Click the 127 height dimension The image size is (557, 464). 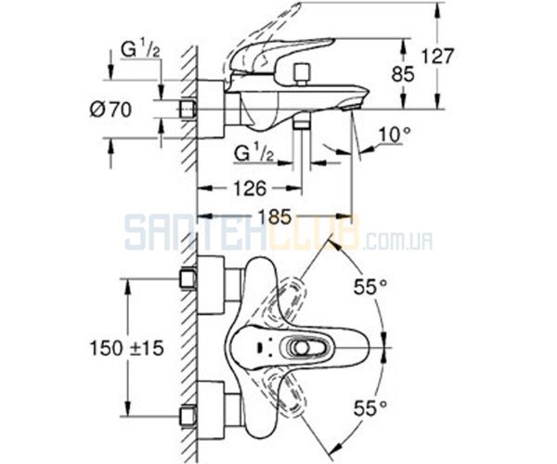tap(437, 57)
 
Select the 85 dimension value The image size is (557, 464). tap(403, 74)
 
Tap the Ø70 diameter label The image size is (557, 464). tap(110, 110)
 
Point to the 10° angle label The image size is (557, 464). tap(395, 135)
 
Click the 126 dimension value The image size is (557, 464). tap(250, 188)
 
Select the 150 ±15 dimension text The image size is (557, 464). tap(127, 348)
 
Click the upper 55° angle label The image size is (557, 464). tap(369, 287)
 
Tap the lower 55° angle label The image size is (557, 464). tap(369, 408)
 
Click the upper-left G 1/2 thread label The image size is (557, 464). tap(140, 50)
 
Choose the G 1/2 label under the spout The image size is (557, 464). tap(254, 153)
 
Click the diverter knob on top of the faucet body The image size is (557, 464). tap(302, 72)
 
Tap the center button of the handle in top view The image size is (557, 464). tap(302, 348)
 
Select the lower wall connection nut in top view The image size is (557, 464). tap(188, 416)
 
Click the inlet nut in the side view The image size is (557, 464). tap(188, 109)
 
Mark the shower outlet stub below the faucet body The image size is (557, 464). tap(302, 125)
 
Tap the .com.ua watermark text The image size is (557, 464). tap(397, 242)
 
